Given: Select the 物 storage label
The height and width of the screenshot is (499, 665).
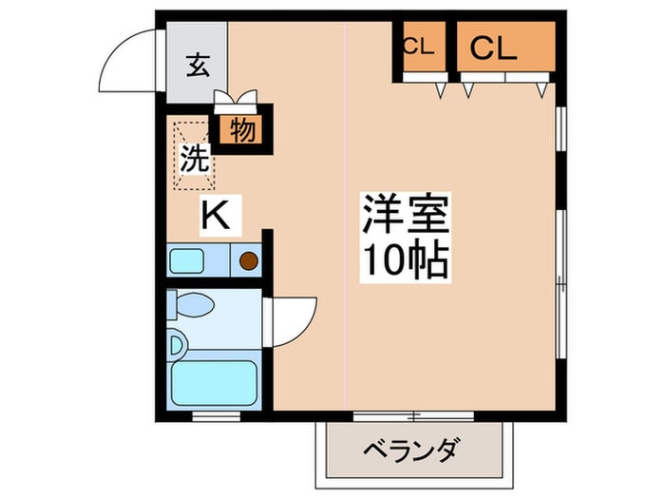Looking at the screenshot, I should tap(241, 130).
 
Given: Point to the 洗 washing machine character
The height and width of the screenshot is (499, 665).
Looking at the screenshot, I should tap(194, 159).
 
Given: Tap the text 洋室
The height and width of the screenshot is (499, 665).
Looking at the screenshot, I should tap(404, 216).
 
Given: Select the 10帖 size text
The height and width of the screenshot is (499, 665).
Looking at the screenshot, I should tap(404, 259).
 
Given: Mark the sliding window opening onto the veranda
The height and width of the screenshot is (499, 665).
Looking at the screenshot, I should tap(413, 414).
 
